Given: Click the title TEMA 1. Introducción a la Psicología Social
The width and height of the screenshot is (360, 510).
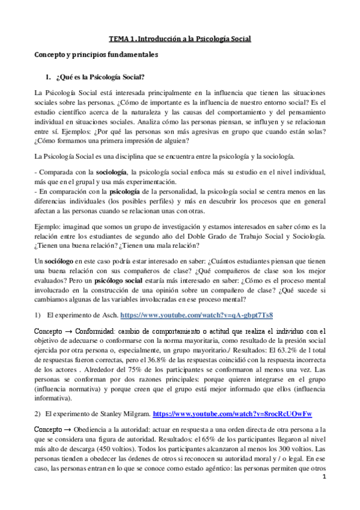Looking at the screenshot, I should pos(180,39).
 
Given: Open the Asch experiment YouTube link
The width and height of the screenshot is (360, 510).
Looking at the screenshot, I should pos(197,315).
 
